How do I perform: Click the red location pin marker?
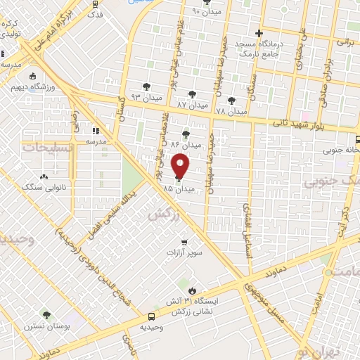point(181,165)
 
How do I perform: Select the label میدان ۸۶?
point(186,145)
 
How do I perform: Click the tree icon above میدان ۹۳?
point(146,86)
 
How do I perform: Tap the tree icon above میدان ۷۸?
point(231,101)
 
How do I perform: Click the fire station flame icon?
point(191,289)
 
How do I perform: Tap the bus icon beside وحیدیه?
point(151,316)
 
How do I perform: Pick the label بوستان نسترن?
point(46,327)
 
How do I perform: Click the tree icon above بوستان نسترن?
point(46,316)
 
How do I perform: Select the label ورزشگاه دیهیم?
point(33,88)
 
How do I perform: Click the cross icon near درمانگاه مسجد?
point(259,32)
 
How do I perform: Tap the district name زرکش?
point(160,214)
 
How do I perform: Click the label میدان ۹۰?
point(205,13)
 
